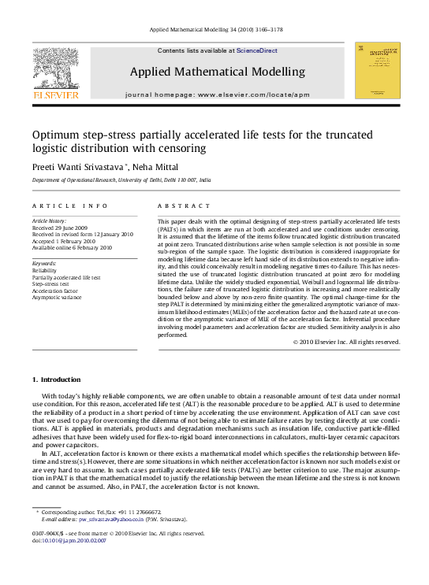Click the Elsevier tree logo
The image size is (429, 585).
55,68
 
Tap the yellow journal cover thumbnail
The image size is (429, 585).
377,70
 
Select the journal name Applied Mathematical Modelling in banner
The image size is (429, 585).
218,72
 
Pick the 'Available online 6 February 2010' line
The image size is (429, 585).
72,247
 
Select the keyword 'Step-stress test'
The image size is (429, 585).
51,284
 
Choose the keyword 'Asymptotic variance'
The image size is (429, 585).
56,298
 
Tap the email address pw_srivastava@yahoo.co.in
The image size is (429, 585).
110,520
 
